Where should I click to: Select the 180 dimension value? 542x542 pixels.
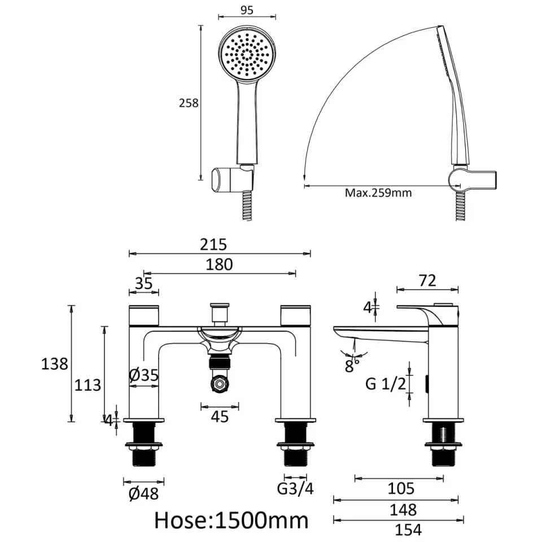(x=220, y=264)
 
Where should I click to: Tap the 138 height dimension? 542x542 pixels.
(x=55, y=364)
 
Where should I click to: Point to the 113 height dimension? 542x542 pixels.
(x=88, y=385)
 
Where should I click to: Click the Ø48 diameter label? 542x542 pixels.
(x=143, y=494)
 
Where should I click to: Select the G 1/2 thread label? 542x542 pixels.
(x=386, y=384)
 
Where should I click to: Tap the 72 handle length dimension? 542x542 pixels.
(x=427, y=281)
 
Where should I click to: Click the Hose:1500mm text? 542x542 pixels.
(x=231, y=519)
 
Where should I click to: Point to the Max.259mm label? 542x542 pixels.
(x=378, y=193)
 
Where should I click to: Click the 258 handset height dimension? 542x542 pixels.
(x=189, y=103)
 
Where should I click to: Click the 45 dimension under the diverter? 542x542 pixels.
(x=220, y=417)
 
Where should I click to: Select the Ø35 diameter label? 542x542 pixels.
(x=144, y=374)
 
